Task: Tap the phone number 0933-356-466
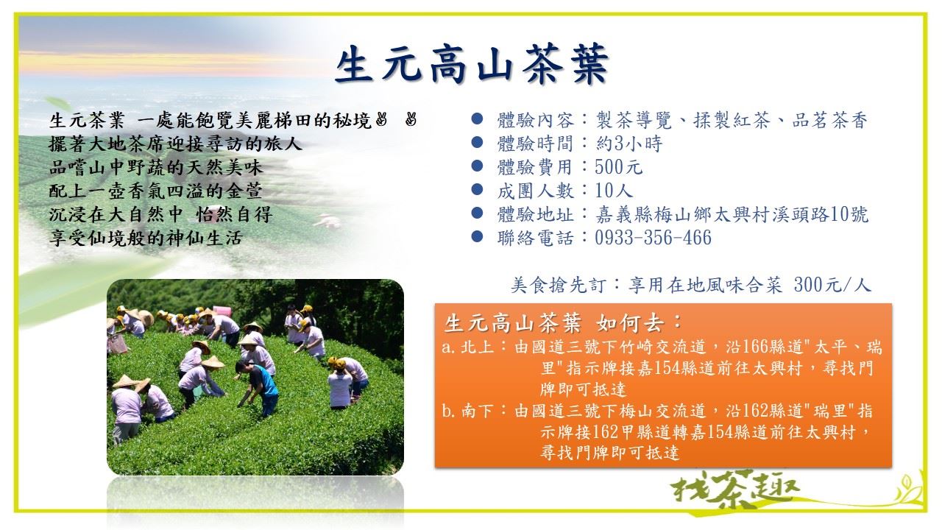653,238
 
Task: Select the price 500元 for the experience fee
619,167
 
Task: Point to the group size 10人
614,191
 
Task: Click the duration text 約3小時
629,144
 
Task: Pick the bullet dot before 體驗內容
477,119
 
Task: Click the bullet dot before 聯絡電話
477,237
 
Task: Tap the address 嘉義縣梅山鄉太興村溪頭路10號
732,214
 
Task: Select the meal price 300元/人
832,285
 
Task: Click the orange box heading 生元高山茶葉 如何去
563,323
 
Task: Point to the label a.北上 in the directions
467,347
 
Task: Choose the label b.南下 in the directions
467,411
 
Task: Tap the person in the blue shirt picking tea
260,387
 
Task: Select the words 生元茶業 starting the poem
87,121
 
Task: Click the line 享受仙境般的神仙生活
146,238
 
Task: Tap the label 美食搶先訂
559,285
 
